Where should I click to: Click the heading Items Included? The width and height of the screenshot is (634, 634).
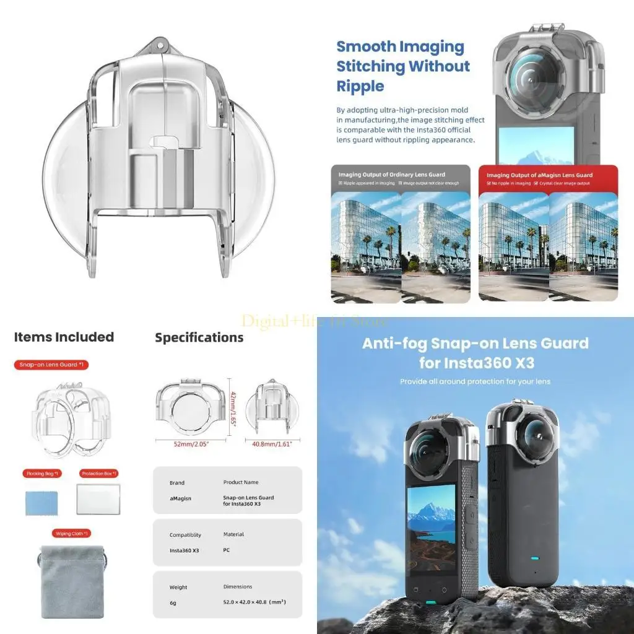64,337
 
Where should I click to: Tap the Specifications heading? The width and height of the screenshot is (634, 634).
199,337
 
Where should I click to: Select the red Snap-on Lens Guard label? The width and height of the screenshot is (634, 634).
51,365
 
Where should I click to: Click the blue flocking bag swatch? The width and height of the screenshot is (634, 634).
41,503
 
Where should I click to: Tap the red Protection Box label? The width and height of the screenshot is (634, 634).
98,474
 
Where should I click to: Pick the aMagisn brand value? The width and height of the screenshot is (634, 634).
180,498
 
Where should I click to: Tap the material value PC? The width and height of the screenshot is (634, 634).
227,550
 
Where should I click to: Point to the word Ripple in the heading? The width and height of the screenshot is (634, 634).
360,86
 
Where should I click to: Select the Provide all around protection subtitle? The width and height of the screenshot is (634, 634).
475,381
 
